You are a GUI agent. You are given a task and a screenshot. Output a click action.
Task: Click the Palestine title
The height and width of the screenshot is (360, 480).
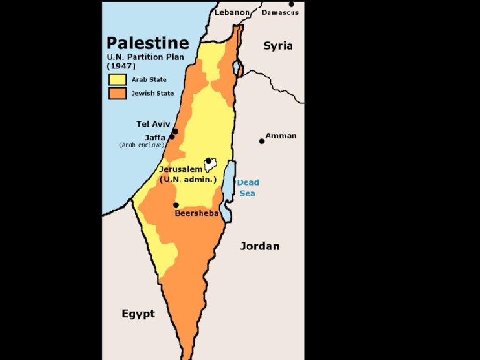147,43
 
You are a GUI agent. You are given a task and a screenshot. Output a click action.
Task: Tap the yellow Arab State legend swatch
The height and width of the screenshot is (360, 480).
117,79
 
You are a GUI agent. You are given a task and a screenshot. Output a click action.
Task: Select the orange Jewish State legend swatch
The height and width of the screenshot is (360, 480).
117,93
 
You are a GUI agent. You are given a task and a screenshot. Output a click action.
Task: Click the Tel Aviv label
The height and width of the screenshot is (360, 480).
153,124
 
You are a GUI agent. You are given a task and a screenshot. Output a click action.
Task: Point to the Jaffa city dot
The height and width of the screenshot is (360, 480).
172,137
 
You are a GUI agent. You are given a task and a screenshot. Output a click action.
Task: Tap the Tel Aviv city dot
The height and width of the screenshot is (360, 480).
175,131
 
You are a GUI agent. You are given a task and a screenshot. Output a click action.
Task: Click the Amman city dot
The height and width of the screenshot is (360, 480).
262,141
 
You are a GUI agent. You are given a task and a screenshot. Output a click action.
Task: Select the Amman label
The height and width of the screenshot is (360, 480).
281,135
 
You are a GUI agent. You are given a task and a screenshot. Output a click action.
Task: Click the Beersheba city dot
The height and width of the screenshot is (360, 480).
176,205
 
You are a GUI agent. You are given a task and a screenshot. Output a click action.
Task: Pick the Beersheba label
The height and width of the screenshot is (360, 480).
196,213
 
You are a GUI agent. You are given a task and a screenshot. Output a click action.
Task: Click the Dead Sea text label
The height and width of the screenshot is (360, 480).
247,187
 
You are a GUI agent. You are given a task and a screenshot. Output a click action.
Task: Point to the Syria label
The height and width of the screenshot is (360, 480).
278,45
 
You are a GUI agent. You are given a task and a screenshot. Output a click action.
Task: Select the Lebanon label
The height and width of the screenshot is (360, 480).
232,13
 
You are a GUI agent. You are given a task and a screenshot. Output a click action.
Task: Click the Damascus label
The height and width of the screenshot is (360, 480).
280,13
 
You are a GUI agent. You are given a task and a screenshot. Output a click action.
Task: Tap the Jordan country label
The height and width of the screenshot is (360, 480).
260,246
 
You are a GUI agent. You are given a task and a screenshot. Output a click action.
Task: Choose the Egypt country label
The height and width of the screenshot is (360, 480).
138,314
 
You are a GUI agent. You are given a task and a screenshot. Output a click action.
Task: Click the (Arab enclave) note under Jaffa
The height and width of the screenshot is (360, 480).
142,145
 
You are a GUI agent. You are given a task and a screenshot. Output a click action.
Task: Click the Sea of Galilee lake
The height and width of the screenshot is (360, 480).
237,67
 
